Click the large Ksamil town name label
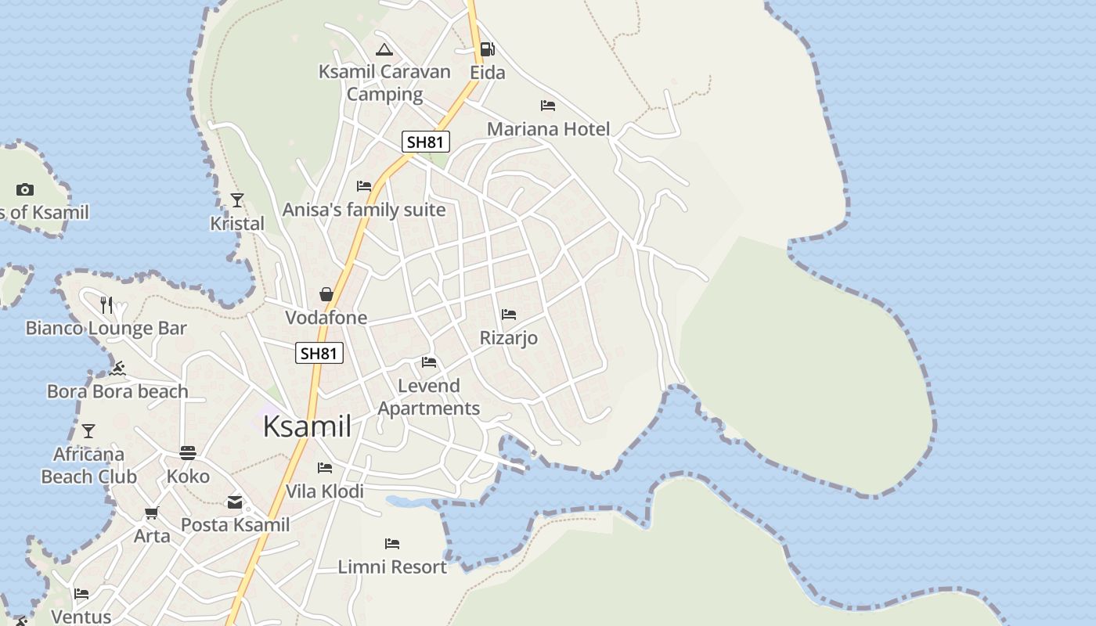tap(307, 426)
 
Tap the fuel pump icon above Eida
tap(487, 50)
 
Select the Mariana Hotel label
tap(548, 129)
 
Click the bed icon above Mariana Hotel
tap(548, 105)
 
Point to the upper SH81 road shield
tap(426, 142)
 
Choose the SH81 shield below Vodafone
tap(319, 353)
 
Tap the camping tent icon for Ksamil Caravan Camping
tap(384, 50)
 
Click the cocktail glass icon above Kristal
tap(237, 200)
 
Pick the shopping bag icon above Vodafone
tap(326, 294)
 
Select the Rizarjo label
tap(509, 338)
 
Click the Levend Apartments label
tap(429, 397)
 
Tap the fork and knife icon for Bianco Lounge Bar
tap(106, 304)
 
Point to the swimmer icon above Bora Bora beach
tap(117, 368)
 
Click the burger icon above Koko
tap(188, 452)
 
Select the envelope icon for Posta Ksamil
tap(235, 502)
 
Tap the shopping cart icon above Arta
tap(151, 513)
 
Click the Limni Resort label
tap(392, 567)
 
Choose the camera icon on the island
tap(25, 189)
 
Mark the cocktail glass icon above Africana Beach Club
tap(88, 431)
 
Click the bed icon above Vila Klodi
tap(325, 468)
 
